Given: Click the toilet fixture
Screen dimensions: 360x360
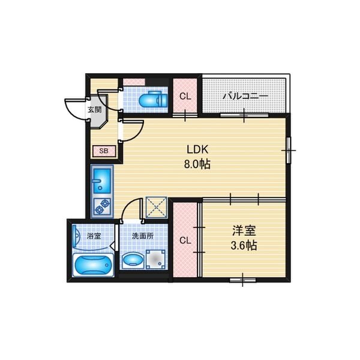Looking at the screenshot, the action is tap(154, 100).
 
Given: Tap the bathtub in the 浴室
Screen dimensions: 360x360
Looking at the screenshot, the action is tap(94, 265).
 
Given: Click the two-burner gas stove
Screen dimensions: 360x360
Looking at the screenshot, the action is tap(102, 207).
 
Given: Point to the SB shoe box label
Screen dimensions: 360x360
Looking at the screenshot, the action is tap(104, 151).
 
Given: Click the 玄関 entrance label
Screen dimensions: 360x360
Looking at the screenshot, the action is tap(94, 110).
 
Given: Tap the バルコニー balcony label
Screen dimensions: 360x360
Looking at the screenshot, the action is tap(245, 96).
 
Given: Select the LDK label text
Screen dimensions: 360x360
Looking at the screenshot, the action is tap(197, 149).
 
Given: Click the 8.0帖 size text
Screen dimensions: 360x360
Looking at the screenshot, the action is tap(197, 164).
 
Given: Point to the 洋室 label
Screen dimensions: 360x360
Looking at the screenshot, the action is tap(244, 230).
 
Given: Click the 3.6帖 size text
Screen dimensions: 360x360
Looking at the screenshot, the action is tap(244, 245).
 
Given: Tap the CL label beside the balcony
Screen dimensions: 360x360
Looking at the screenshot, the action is tap(185, 97).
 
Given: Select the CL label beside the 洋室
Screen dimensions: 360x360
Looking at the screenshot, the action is tap(185, 241).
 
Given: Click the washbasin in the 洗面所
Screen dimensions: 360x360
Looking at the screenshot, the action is tap(133, 260).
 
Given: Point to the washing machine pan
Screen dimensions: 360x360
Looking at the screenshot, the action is tap(156, 259).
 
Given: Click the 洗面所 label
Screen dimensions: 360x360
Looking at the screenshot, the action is tap(143, 236).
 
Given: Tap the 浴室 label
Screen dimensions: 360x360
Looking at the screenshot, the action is tap(94, 236).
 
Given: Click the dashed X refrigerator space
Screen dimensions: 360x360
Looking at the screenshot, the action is tap(157, 208).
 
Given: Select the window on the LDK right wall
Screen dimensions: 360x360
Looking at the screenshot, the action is tap(289, 151).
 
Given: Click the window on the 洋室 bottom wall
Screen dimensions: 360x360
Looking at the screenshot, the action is tap(243, 280).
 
